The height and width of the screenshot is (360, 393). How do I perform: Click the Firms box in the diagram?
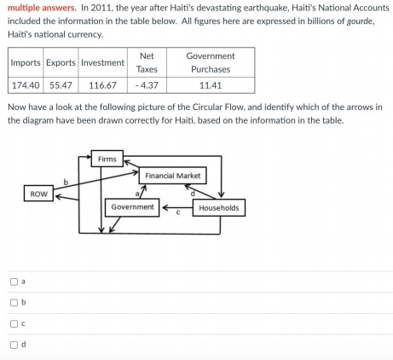point(107,160)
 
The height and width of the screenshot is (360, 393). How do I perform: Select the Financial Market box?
point(173,176)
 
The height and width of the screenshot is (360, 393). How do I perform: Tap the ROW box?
point(38,195)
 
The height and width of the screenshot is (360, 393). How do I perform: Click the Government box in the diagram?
point(132,207)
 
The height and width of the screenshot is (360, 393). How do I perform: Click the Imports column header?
point(26,62)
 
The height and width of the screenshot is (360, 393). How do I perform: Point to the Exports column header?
point(61,62)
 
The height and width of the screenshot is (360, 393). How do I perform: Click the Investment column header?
point(102,62)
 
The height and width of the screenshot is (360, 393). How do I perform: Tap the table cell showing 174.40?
point(26,85)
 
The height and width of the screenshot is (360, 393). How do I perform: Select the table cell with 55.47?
point(61,85)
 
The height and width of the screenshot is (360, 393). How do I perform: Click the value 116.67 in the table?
point(102,85)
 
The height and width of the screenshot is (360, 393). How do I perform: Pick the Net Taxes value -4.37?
point(146,85)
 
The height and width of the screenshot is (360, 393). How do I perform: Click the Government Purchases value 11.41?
point(210,85)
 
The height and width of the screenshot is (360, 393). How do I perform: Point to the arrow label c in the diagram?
point(177,213)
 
